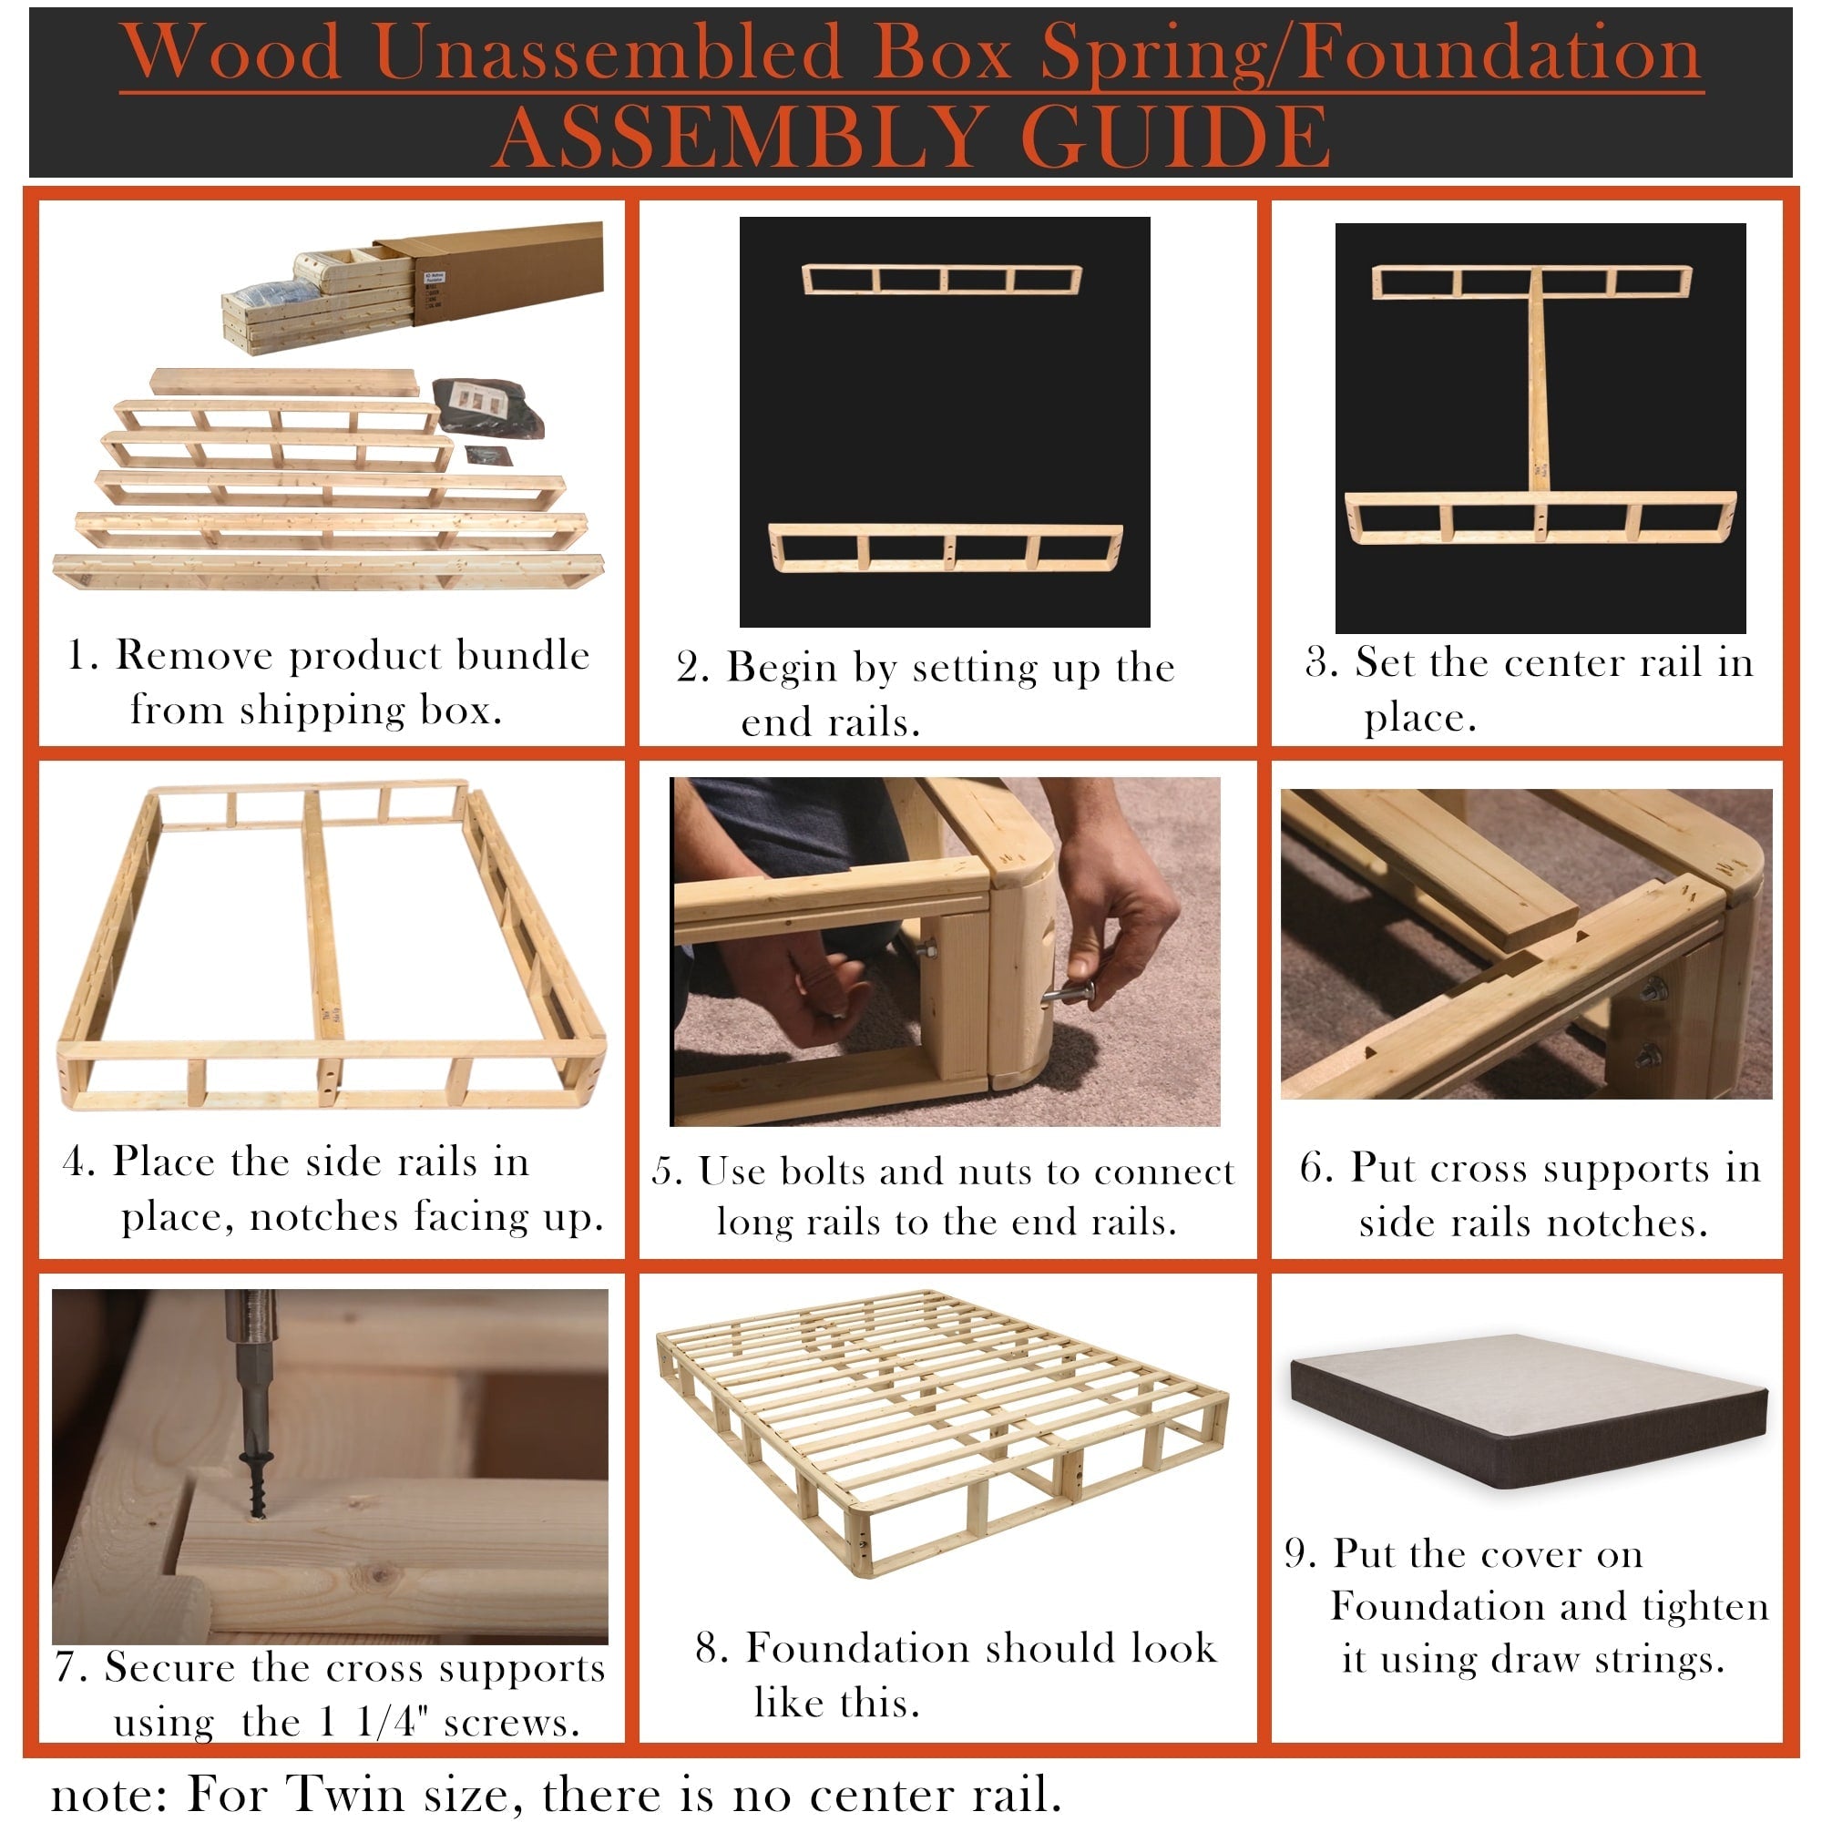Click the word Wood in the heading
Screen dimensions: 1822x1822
[232, 52]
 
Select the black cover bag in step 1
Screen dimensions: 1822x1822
[486, 407]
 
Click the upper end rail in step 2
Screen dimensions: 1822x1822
[941, 279]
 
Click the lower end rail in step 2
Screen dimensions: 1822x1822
[945, 548]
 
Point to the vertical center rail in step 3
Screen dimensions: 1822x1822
[1538, 386]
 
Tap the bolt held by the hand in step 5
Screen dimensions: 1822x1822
[1070, 994]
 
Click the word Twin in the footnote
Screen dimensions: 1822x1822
[344, 1793]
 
